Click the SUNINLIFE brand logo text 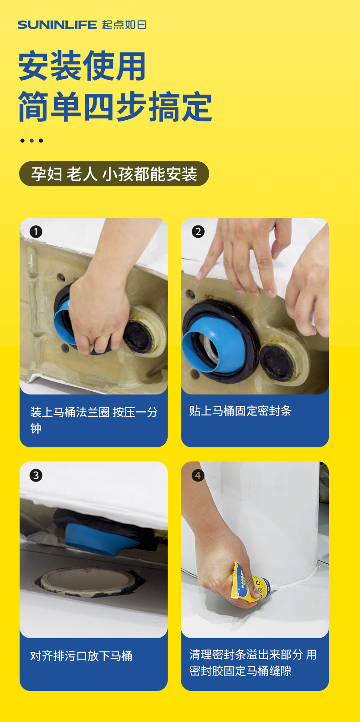point(57,25)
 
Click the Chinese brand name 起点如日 point(124,25)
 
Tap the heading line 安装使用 point(82,66)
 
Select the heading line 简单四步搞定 point(115,107)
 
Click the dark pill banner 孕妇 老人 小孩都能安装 point(114,174)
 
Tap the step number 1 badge point(36,232)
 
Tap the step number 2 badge point(198,232)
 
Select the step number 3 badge point(36,476)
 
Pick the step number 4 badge point(198,476)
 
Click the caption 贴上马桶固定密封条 point(240,410)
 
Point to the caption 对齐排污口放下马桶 point(81,656)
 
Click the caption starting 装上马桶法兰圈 point(94,420)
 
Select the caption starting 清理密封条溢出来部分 point(253,663)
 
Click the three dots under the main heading point(31,141)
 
